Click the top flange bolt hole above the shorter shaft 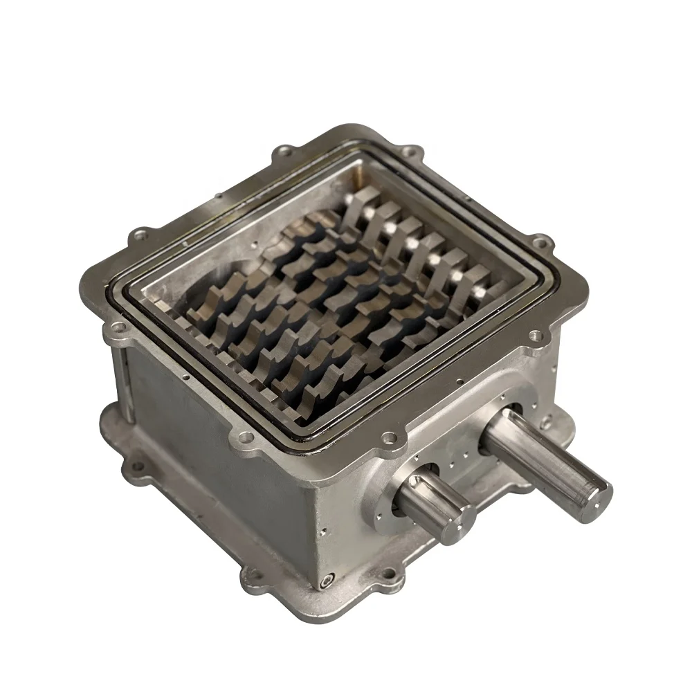[x=390, y=437]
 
